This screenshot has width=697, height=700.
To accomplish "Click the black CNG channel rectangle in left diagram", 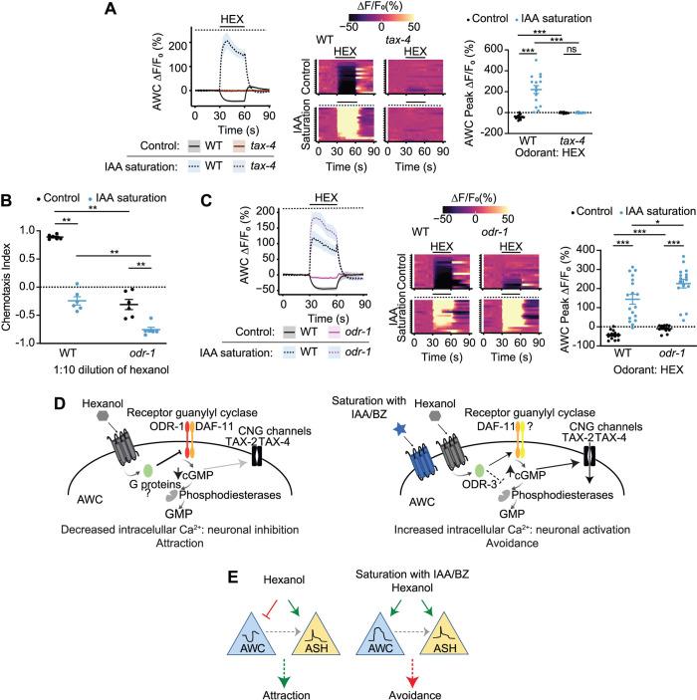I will pos(293,439).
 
